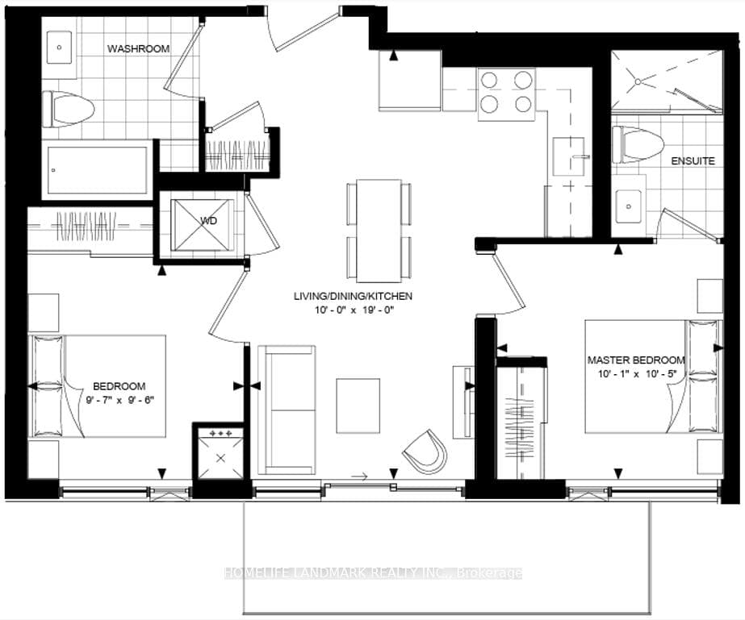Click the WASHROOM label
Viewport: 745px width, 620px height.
(139, 49)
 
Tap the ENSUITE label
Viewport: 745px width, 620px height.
(693, 161)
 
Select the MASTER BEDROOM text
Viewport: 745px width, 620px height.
(636, 360)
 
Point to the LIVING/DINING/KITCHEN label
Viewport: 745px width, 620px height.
(353, 296)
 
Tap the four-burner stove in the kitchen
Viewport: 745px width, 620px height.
(506, 92)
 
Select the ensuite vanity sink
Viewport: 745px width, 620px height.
(628, 206)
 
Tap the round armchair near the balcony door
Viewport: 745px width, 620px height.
(425, 451)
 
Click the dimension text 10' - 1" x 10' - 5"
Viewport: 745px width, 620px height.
(637, 374)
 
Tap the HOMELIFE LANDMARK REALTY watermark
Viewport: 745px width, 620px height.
(372, 573)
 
